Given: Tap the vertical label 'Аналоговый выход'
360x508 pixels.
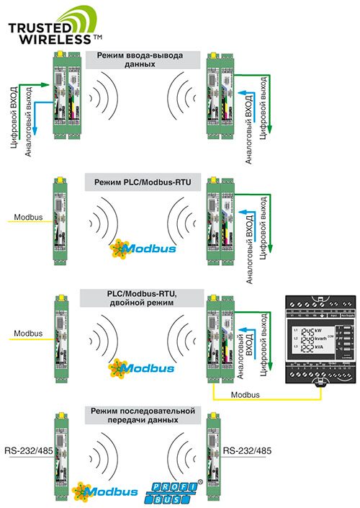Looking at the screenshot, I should click(x=28, y=118).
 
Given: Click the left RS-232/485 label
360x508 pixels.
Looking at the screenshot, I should click(x=22, y=451).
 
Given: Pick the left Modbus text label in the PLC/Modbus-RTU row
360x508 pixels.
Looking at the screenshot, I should click(x=28, y=215).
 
